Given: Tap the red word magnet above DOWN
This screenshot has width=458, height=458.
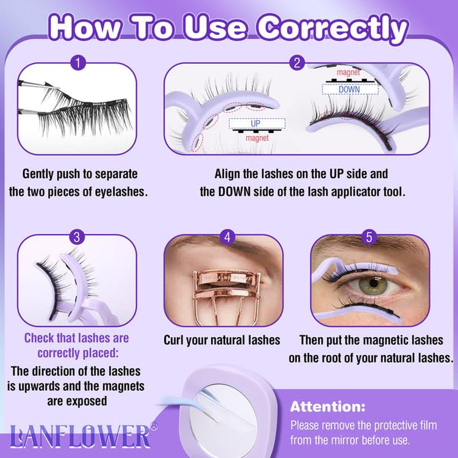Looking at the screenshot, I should [x=348, y=73].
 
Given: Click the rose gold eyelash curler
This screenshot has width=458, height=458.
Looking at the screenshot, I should [x=223, y=292].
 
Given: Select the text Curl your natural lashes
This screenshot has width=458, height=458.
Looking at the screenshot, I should [x=222, y=340].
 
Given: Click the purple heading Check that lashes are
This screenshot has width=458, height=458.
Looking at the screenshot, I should [x=76, y=338].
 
